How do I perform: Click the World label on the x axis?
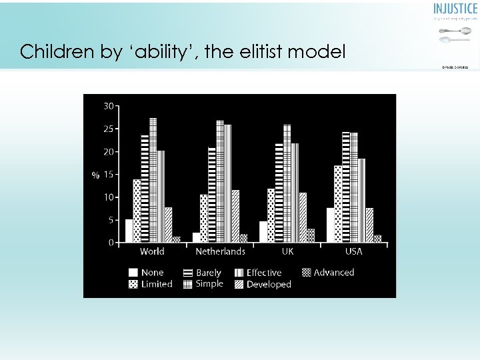click(152, 251)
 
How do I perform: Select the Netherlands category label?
click(220, 251)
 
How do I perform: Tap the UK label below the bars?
click(287, 251)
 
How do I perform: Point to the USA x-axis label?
click(354, 251)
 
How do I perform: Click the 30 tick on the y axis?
click(107, 105)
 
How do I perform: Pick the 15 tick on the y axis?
click(107, 175)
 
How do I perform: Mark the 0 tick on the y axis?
click(111, 243)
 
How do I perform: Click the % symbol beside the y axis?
click(95, 175)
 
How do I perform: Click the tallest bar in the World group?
click(153, 180)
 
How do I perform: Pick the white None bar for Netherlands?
click(197, 237)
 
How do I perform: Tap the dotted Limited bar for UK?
click(271, 215)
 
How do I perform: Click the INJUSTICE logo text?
click(455, 9)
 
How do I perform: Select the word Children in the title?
click(59, 52)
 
